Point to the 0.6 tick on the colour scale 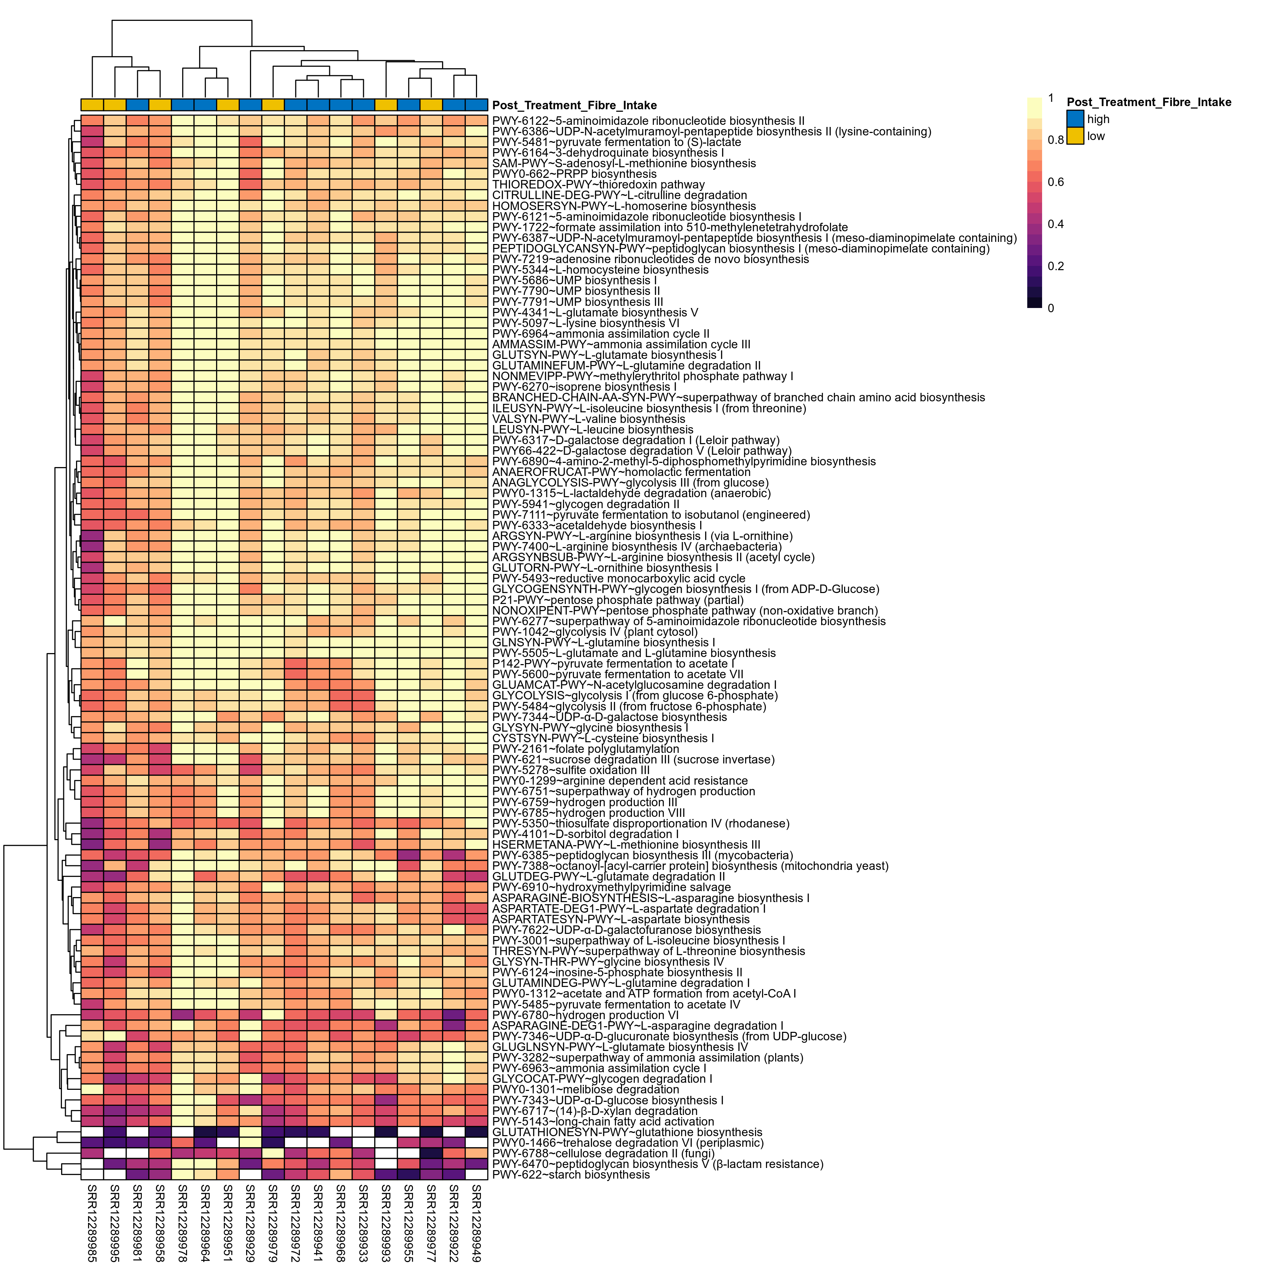[1056, 182]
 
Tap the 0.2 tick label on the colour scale [1056, 266]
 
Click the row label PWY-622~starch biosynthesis [571, 1174]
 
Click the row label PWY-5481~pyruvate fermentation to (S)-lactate [616, 142]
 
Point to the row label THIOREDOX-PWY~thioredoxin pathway [598, 185]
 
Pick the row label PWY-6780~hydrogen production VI [585, 1015]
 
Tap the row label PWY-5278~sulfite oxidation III [571, 769]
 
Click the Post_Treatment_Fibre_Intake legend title [1149, 102]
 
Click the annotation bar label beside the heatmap [574, 105]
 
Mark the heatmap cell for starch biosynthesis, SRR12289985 [92, 1174]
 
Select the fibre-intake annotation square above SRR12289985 [92, 105]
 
